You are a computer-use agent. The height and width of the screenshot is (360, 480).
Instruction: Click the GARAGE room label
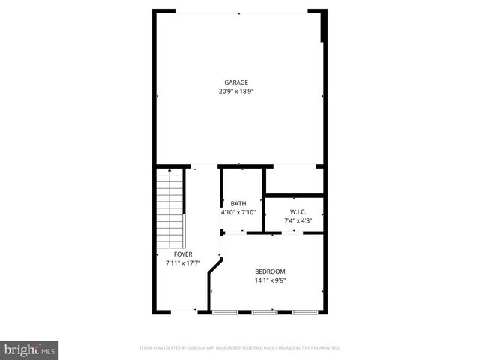(236, 82)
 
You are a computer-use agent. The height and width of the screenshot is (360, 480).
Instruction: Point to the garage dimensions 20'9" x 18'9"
(236, 91)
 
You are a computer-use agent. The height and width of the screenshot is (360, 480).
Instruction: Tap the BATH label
(238, 204)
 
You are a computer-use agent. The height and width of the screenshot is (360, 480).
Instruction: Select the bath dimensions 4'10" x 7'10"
(238, 213)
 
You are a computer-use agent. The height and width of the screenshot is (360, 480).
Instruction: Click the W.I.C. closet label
(294, 212)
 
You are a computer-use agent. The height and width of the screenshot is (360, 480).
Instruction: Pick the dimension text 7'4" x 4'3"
(294, 221)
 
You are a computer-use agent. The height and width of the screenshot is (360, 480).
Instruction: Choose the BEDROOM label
(270, 271)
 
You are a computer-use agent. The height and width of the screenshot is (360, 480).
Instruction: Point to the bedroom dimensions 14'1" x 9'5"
(270, 281)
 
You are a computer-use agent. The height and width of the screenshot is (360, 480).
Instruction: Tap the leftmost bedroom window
(223, 310)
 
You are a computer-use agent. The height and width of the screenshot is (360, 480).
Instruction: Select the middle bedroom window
(264, 310)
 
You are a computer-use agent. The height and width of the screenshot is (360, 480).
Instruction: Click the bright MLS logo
(30, 349)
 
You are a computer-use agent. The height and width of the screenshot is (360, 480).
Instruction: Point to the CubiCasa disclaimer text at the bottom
(240, 348)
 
